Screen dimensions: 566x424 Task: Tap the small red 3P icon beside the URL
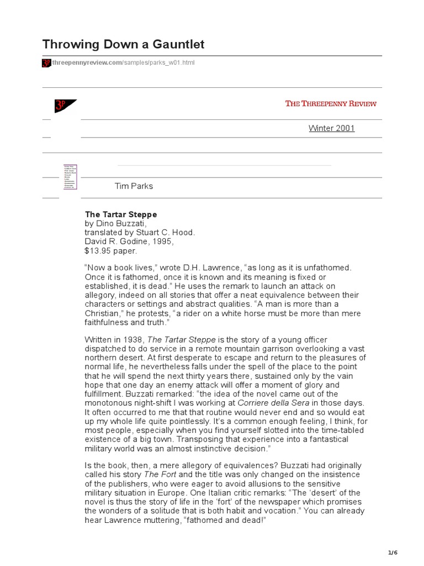click(46, 63)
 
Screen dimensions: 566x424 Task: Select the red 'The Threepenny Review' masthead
click(331, 103)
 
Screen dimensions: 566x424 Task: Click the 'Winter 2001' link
click(331, 129)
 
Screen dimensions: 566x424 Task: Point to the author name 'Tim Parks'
click(134, 186)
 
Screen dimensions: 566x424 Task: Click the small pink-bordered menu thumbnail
click(70, 177)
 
